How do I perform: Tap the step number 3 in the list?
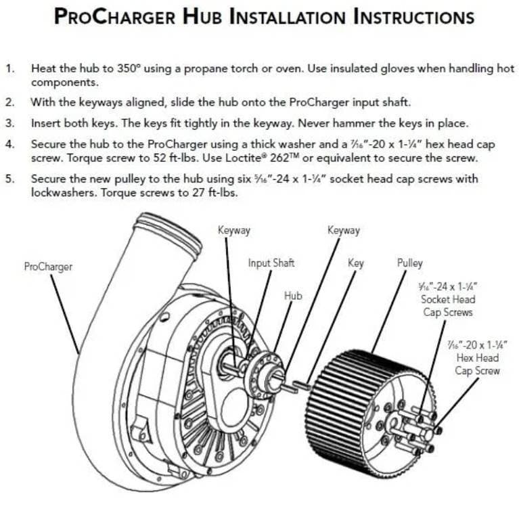pos(9,124)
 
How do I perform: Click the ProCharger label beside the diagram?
pos(48,267)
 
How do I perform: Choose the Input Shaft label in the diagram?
pos(271,263)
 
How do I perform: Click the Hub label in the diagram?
pos(293,296)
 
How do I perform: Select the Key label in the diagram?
pos(355,263)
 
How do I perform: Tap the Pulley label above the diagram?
pos(409,263)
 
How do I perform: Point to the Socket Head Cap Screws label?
pos(448,299)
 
